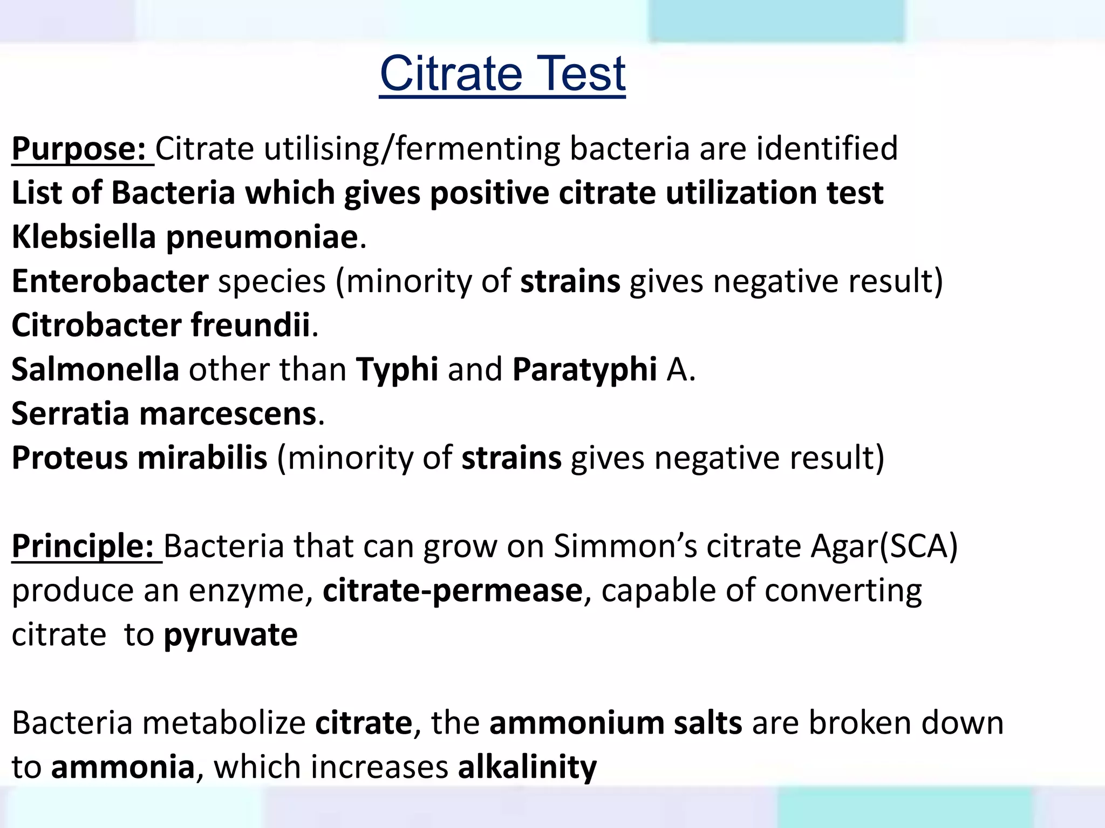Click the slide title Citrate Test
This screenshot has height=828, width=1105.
(x=502, y=74)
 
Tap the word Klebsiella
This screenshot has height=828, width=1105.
(x=84, y=237)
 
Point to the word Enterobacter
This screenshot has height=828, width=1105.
(x=110, y=281)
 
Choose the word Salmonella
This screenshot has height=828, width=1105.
(x=95, y=370)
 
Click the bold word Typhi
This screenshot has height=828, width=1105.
(x=397, y=370)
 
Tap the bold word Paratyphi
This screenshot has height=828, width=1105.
(x=584, y=370)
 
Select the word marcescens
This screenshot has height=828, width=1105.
(x=228, y=414)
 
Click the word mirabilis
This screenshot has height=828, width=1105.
(x=202, y=458)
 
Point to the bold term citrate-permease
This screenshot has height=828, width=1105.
(x=453, y=590)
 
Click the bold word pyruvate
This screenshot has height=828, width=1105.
(x=230, y=635)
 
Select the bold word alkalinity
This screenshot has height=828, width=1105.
(x=527, y=767)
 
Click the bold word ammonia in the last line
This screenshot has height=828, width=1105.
(x=122, y=767)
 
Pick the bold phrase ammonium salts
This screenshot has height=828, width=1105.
(x=616, y=723)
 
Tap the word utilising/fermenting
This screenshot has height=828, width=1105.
(x=412, y=149)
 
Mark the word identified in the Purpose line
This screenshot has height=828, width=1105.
(x=827, y=149)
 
